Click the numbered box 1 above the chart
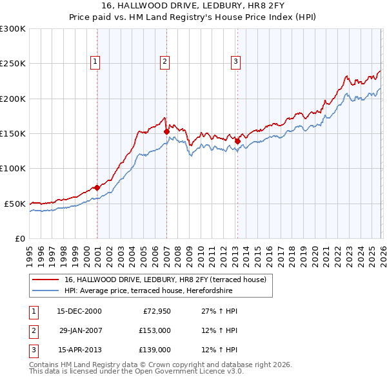pyautogui.click(x=95, y=62)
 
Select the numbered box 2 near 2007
pyautogui.click(x=165, y=62)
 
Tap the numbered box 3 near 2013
pyautogui.click(x=235, y=62)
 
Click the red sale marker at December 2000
pyautogui.click(x=97, y=187)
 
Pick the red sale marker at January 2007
pyautogui.click(x=166, y=131)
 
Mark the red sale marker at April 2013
pyautogui.click(x=237, y=141)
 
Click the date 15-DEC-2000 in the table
pyautogui.click(x=79, y=311)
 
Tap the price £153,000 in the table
pyautogui.click(x=155, y=330)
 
